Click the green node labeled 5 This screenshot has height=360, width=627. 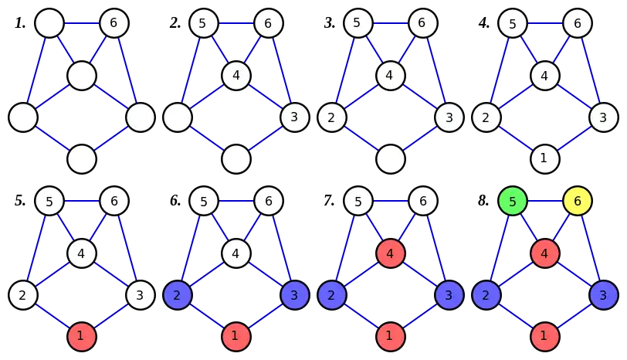click(x=513, y=202)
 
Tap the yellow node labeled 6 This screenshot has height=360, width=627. click(x=576, y=202)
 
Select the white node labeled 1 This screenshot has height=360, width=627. click(x=544, y=158)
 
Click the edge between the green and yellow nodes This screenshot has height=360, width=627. click(x=544, y=202)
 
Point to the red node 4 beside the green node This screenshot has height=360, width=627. click(x=544, y=253)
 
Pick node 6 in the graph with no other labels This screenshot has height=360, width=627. click(x=114, y=23)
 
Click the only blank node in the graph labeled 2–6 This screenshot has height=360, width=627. click(x=391, y=158)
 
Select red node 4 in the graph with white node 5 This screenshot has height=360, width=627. click(x=390, y=253)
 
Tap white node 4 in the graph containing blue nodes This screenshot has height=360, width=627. click(x=236, y=253)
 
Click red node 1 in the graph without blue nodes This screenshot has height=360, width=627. click(x=81, y=336)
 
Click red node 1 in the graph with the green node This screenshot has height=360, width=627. click(x=544, y=336)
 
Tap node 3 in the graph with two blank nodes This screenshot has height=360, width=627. click(x=293, y=118)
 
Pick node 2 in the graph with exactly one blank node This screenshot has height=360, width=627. click(x=332, y=118)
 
